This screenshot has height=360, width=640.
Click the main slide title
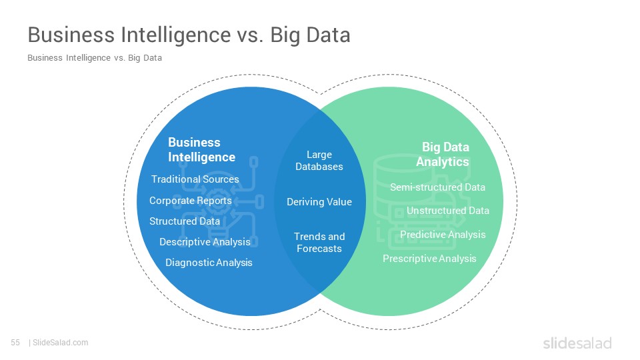coord(189,35)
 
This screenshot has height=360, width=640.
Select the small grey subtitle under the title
coord(95,58)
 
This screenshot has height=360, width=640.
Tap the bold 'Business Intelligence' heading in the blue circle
coord(201,150)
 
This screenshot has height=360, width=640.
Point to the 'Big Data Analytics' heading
coord(443,154)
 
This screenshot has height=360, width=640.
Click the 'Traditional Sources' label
coord(195,179)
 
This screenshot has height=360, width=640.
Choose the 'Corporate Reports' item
coord(190,201)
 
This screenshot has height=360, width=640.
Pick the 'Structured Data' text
coord(185,221)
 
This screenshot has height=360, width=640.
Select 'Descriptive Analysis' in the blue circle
coord(205,242)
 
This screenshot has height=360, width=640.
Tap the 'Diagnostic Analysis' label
coord(209,263)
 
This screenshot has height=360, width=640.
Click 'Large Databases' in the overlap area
coord(319,161)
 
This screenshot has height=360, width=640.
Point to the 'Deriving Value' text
coord(319,202)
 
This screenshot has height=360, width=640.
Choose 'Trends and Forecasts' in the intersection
coord(319,243)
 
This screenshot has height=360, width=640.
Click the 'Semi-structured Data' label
coord(437,187)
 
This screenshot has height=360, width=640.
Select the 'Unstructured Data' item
coord(448,211)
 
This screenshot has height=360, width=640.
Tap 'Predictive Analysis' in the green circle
coord(443,235)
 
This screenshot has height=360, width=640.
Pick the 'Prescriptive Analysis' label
coord(429,259)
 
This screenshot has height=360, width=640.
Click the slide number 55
coord(15,343)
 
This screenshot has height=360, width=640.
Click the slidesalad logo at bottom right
coord(577,343)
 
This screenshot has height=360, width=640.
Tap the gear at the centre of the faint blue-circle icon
coord(215,201)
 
